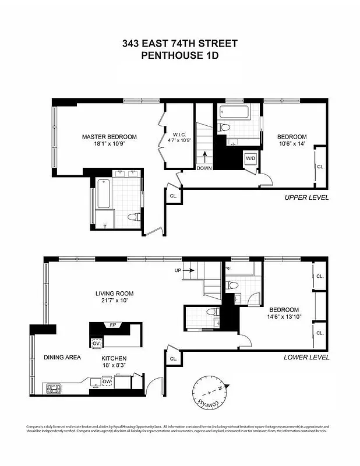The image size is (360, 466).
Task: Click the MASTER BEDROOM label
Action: coord(109,137)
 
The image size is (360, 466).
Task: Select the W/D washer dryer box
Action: coord(249,158)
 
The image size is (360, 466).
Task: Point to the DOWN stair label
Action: coord(204,168)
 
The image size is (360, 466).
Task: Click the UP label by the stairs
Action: coord(178,271)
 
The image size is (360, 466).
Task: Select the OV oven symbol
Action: coord(96,343)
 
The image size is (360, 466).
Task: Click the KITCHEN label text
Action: coord(114,358)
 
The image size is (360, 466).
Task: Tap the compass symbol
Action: coord(210,393)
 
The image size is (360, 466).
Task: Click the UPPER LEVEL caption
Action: coord(306,197)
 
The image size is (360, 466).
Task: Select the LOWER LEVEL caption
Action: coord(306,357)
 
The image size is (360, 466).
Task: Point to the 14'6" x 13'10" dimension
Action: coord(284,318)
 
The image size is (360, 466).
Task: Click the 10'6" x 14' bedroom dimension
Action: coord(291,144)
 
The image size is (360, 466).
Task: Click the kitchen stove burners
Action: coord(52,386)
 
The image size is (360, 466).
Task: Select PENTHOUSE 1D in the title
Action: coord(179,56)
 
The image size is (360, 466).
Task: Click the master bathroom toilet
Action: coord(133,218)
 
